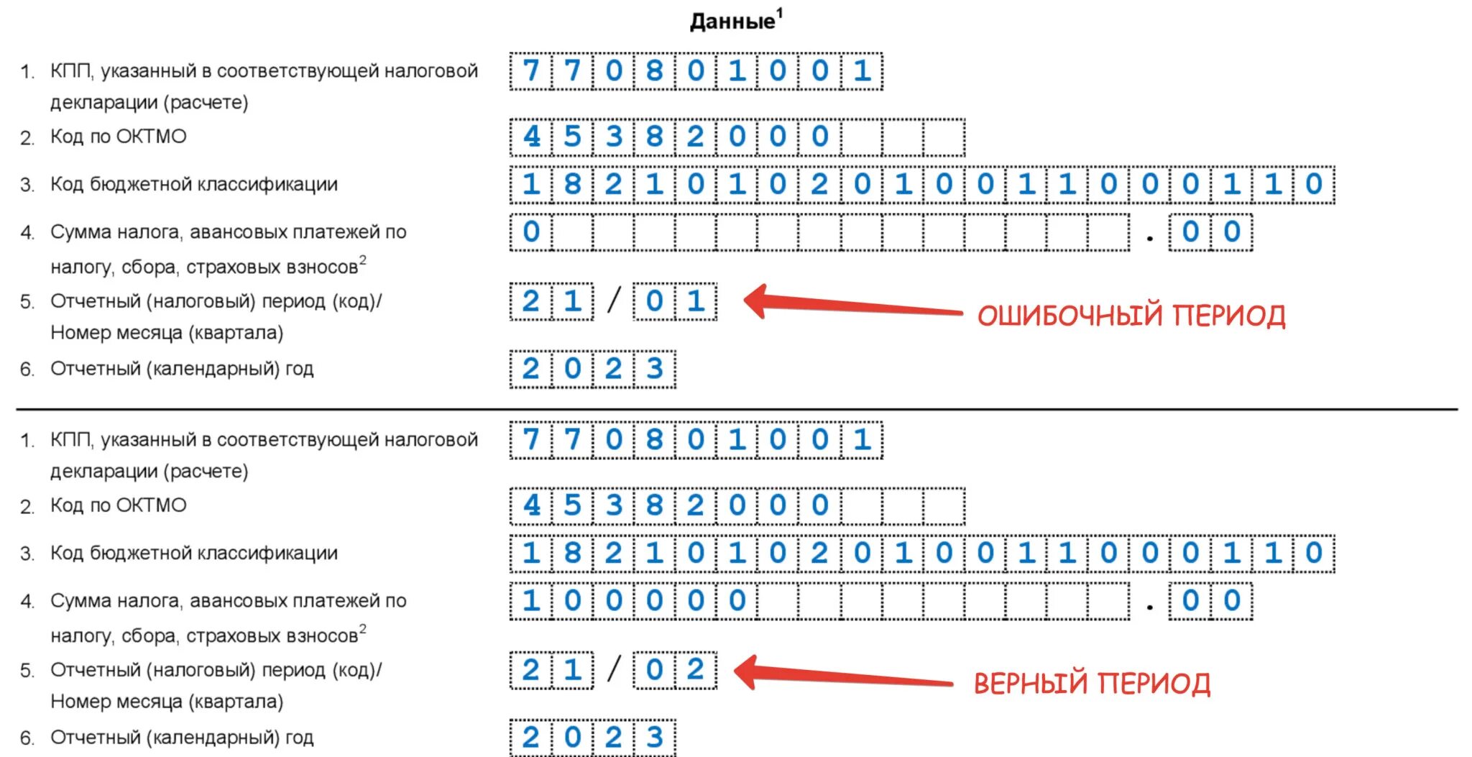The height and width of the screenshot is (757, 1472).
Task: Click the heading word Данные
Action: pyautogui.click(x=732, y=22)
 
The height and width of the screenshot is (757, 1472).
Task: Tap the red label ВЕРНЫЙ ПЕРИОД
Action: pyautogui.click(x=1092, y=684)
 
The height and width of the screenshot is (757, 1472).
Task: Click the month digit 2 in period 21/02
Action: pyautogui.click(x=695, y=670)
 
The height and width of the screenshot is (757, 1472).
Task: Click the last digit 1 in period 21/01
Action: pyautogui.click(x=695, y=301)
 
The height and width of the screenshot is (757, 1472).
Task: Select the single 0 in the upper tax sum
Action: pyautogui.click(x=531, y=232)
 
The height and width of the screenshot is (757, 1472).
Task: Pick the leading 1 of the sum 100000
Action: pyautogui.click(x=531, y=601)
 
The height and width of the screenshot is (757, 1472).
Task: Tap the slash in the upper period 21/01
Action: pyautogui.click(x=613, y=300)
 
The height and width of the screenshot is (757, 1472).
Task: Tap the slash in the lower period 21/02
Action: pyautogui.click(x=613, y=669)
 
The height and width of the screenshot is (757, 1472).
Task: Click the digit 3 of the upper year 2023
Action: pyautogui.click(x=654, y=369)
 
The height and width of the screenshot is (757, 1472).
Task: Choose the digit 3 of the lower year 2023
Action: pyautogui.click(x=654, y=738)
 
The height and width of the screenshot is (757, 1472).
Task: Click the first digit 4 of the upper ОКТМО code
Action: pyautogui.click(x=531, y=137)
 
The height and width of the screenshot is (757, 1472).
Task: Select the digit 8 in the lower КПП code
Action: pyautogui.click(x=654, y=439)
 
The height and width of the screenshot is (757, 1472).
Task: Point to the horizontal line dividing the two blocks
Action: pyautogui.click(x=736, y=410)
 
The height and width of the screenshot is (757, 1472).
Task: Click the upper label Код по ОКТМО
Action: pyautogui.click(x=119, y=137)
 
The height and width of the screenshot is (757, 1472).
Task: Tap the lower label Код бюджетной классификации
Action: pyautogui.click(x=194, y=553)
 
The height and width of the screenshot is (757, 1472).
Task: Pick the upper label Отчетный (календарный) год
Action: pyautogui.click(x=182, y=369)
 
